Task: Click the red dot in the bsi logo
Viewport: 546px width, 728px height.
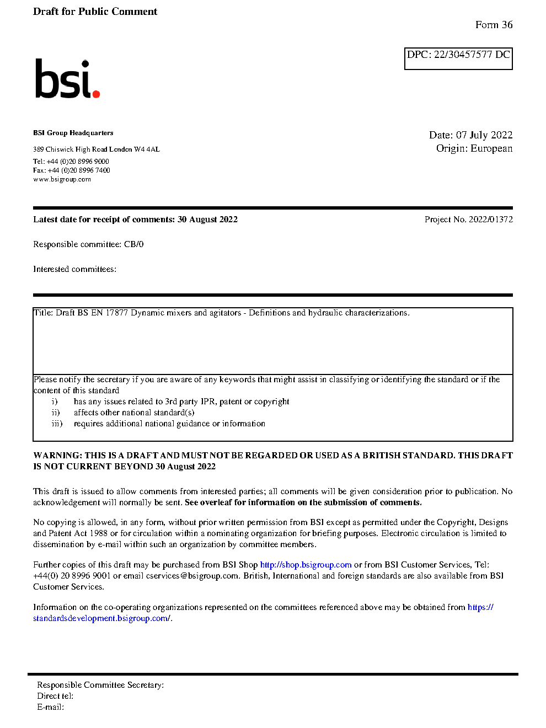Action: click(x=96, y=94)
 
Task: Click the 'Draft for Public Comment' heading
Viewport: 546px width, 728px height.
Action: click(x=95, y=12)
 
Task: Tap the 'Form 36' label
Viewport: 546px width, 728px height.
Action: click(x=494, y=25)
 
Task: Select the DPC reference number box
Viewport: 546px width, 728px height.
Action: click(x=458, y=58)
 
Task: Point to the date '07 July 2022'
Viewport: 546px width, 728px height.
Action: click(x=484, y=135)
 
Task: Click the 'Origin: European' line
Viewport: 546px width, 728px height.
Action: click(x=474, y=148)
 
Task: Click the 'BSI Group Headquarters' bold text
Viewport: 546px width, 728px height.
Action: click(x=73, y=133)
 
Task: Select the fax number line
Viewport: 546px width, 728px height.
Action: click(x=71, y=170)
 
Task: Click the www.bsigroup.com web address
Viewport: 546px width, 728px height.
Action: click(x=62, y=179)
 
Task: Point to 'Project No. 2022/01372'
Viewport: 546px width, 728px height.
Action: click(x=468, y=220)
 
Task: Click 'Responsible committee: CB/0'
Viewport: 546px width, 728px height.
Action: click(x=88, y=244)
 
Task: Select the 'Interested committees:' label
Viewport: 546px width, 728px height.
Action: click(x=74, y=269)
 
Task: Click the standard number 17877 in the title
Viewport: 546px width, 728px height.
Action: click(x=116, y=313)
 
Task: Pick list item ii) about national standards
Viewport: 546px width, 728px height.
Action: click(x=134, y=413)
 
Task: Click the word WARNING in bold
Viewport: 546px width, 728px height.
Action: click(x=57, y=456)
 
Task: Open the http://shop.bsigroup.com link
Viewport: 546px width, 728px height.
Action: click(x=306, y=565)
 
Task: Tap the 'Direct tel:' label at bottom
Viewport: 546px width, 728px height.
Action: click(x=55, y=696)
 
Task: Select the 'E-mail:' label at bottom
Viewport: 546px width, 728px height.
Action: click(x=51, y=707)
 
